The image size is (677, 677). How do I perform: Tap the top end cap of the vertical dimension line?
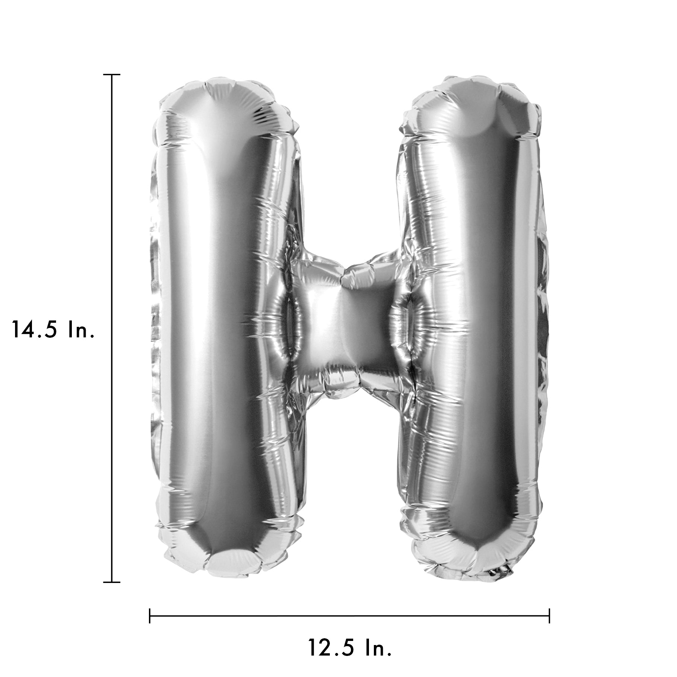112,75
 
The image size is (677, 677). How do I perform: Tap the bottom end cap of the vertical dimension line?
112,582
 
